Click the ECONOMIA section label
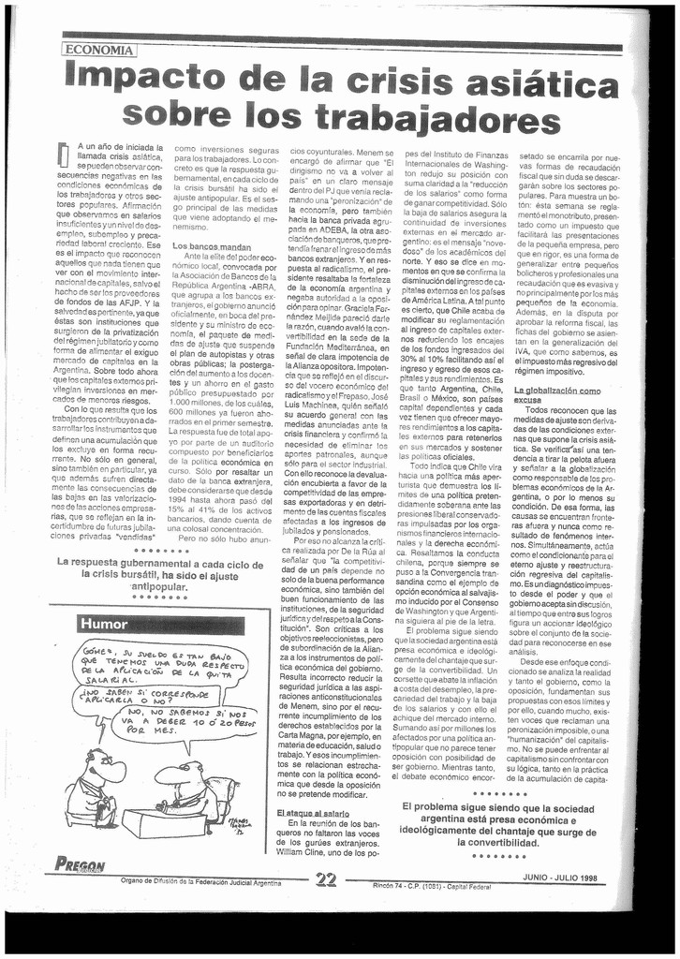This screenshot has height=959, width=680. [x=99, y=50]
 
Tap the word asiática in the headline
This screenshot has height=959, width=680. [x=540, y=87]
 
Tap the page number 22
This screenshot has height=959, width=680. [x=327, y=878]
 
